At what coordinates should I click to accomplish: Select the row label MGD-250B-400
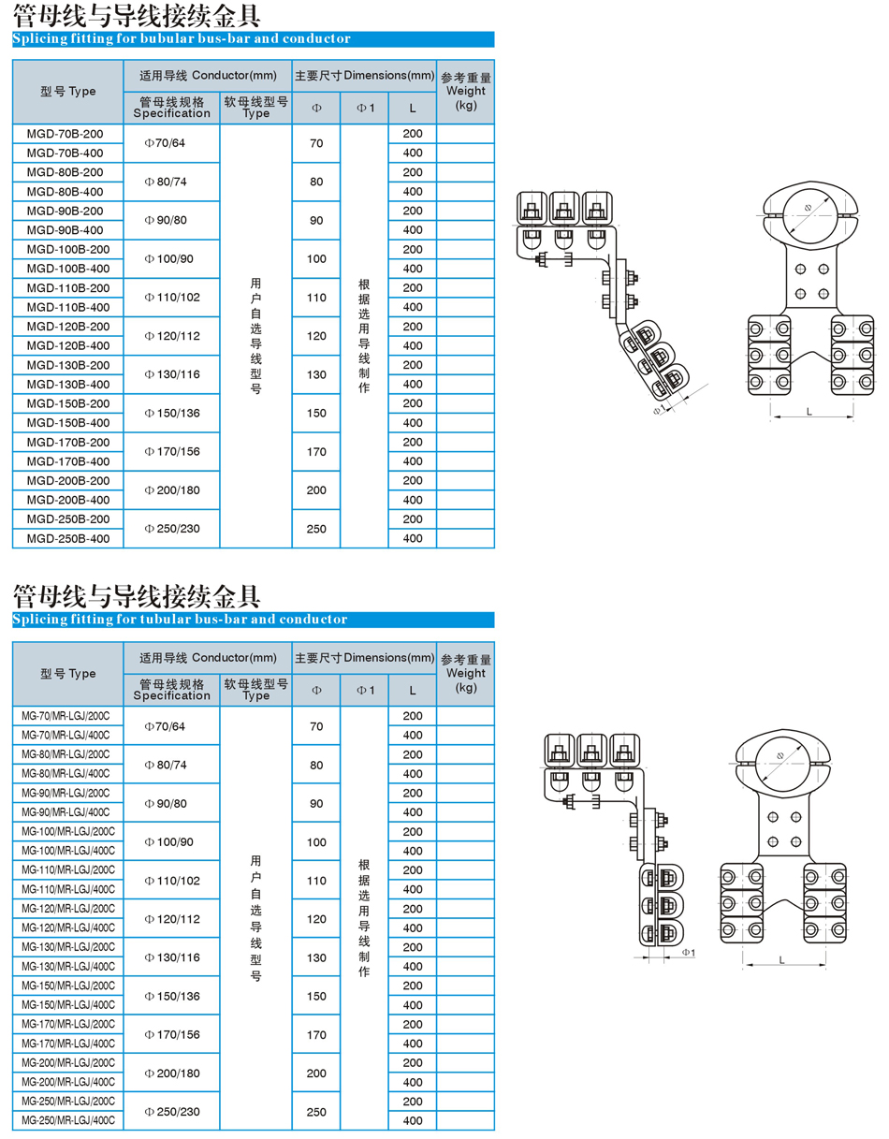(68, 538)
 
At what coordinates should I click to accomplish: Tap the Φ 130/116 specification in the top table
(171, 374)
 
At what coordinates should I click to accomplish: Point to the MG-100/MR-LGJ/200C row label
(66, 832)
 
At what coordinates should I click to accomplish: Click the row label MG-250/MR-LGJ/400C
(66, 1119)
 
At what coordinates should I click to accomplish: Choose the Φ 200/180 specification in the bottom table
(171, 1072)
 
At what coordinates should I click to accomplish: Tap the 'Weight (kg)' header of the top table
(466, 92)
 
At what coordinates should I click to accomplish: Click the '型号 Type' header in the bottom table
(68, 673)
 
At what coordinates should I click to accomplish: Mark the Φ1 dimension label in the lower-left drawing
(688, 953)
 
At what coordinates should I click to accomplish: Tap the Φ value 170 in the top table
(316, 451)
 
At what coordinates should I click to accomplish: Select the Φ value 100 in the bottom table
(316, 841)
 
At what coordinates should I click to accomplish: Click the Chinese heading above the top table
(137, 16)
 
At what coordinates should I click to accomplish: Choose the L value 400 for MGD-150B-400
(413, 423)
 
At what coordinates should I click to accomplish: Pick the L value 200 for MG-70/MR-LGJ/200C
(413, 716)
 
